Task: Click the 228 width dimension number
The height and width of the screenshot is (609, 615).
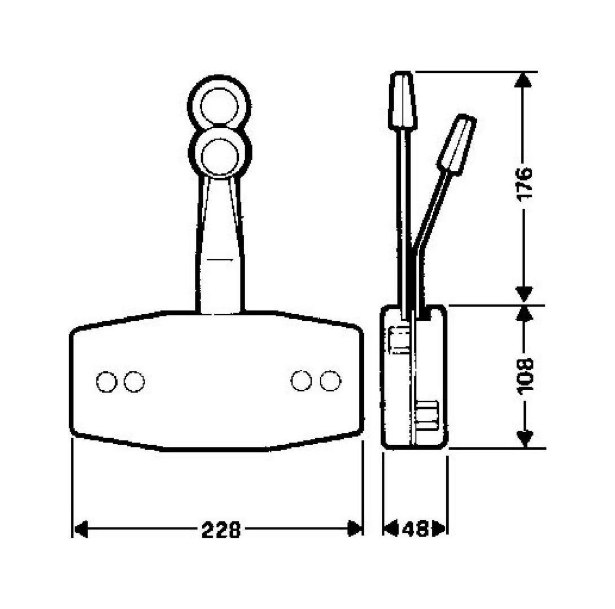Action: (221, 530)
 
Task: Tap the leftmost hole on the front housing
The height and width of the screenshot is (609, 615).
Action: (107, 381)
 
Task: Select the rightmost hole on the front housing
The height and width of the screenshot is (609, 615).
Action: (330, 381)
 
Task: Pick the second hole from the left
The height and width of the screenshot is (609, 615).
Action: (134, 381)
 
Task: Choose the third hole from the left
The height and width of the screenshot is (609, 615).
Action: (301, 381)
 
